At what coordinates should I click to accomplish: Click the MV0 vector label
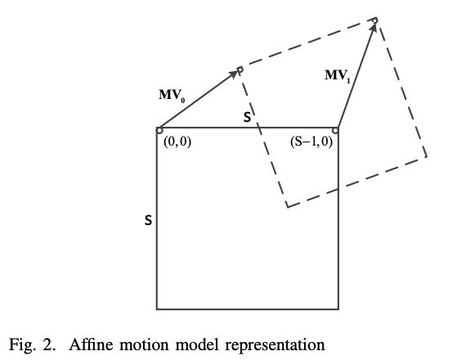[x=172, y=96]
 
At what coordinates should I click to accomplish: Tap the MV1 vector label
[x=338, y=76]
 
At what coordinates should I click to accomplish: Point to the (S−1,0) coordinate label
[x=311, y=142]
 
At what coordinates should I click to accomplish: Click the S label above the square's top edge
[x=248, y=117]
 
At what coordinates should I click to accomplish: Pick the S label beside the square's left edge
[x=148, y=220]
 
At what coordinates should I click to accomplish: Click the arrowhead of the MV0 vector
[x=235, y=74]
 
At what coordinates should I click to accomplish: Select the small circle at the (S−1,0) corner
[x=335, y=131]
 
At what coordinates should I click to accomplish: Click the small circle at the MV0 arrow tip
[x=240, y=70]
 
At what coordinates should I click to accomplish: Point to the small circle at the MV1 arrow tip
[x=375, y=20]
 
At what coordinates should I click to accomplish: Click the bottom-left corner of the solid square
[x=157, y=309]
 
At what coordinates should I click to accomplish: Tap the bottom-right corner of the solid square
[x=338, y=309]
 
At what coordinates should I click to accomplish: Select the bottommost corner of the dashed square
[x=288, y=207]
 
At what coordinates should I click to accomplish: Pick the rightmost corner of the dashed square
[x=427, y=156]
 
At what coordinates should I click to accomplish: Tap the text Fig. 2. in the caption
[x=33, y=345]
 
